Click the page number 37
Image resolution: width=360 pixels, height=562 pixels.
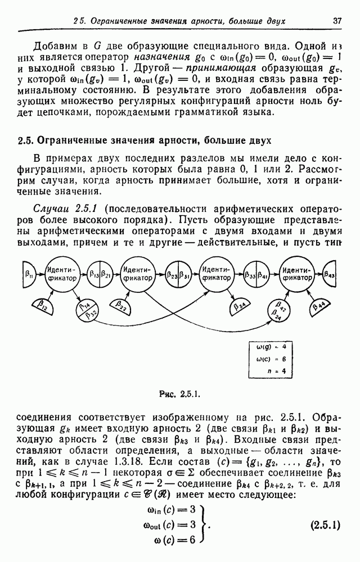(337, 21)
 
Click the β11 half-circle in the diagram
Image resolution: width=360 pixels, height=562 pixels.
(28, 274)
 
